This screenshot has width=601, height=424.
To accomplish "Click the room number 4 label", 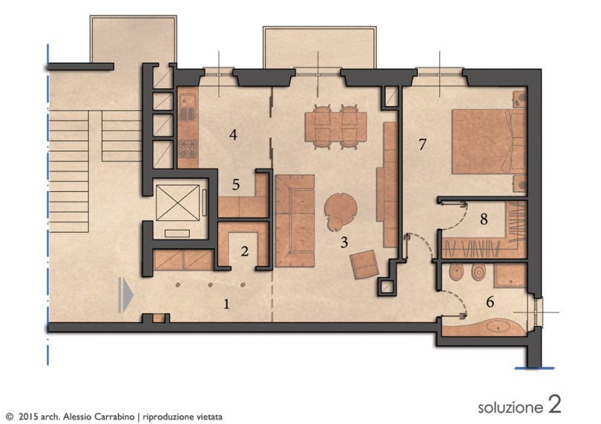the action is [x=233, y=135].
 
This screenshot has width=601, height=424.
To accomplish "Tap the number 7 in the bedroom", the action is [x=422, y=145].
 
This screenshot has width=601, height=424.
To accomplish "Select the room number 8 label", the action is [x=484, y=219].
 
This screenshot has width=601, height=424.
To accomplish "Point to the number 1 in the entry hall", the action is [x=226, y=304].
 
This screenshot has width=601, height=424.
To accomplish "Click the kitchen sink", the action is [x=188, y=102].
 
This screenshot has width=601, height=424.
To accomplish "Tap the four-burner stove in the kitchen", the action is [x=188, y=150].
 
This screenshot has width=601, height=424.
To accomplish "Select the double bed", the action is [x=488, y=142].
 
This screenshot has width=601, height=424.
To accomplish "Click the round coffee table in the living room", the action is [x=341, y=210].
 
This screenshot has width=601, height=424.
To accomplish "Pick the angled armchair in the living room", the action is [x=364, y=265].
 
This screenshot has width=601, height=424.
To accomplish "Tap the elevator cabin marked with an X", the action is [x=178, y=202].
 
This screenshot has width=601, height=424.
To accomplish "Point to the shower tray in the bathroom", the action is [x=510, y=276].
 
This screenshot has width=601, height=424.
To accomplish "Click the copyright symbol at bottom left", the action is [x=10, y=417].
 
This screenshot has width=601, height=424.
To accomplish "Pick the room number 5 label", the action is [x=236, y=185].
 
